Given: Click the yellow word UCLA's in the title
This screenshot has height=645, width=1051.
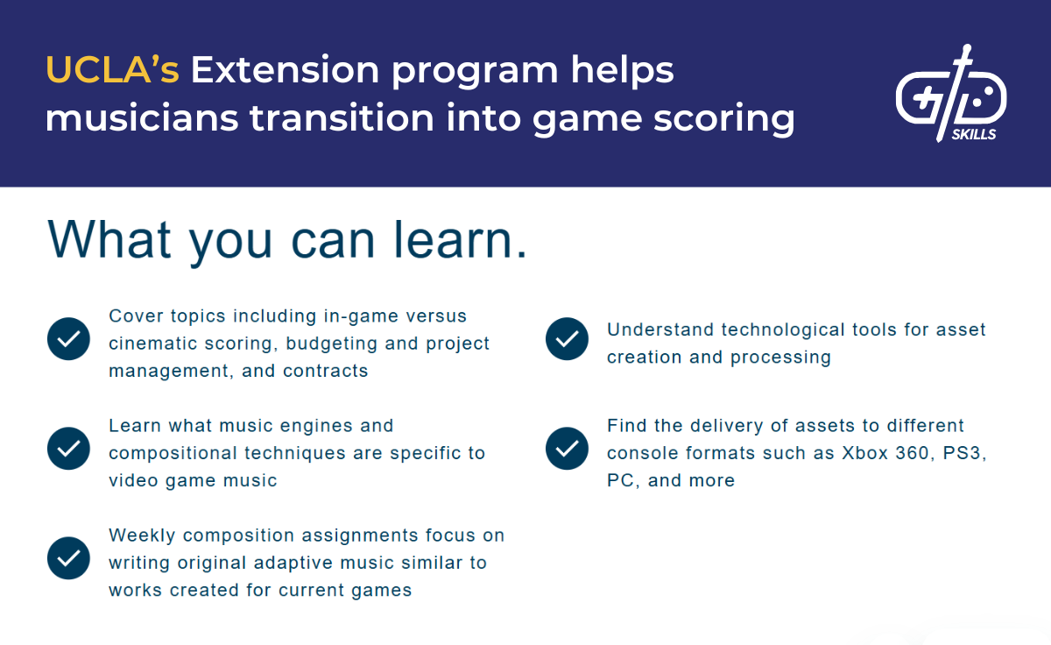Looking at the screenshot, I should click(x=111, y=70).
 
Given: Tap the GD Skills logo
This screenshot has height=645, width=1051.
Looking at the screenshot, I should click(x=950, y=92).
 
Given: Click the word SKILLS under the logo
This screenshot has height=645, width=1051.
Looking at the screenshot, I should click(x=973, y=135).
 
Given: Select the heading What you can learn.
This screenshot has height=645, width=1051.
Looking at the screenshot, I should click(x=287, y=238).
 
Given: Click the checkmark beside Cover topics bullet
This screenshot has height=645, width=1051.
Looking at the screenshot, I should click(x=68, y=339).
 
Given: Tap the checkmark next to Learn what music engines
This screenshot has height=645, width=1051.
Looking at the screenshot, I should click(x=68, y=449).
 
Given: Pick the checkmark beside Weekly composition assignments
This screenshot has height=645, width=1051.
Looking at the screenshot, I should click(x=68, y=558).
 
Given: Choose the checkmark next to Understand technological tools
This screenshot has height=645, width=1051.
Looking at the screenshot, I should click(x=567, y=339).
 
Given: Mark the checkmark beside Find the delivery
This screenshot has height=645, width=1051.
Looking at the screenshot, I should click(x=567, y=449).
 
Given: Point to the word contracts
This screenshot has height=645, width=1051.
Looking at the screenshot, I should click(x=325, y=371).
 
